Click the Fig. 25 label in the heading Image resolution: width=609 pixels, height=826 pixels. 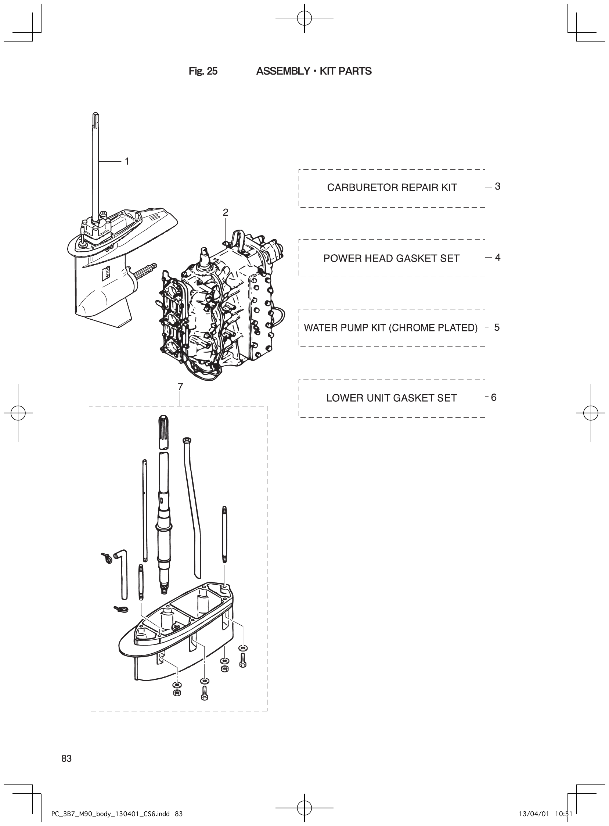(x=203, y=71)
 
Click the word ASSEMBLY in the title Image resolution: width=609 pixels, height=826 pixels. (x=283, y=71)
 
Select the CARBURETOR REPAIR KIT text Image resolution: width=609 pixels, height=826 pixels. (x=392, y=188)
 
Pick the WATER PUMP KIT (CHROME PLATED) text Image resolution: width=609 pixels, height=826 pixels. (x=390, y=328)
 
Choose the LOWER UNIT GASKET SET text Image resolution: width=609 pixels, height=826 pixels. (x=391, y=398)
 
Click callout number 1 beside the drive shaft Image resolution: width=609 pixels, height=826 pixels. (x=126, y=162)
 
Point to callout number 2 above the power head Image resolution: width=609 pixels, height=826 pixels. (x=225, y=212)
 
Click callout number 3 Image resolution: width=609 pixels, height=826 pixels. (x=497, y=187)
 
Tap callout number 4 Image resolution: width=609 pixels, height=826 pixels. (x=497, y=257)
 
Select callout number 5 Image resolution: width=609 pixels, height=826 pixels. (x=497, y=327)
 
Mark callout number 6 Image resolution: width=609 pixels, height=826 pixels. (x=494, y=398)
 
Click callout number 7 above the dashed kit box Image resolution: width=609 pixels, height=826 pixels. (x=180, y=387)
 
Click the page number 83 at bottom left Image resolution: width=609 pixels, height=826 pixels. (x=66, y=758)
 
